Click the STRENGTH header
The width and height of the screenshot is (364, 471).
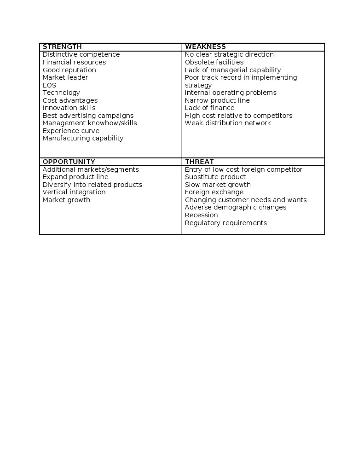(62, 47)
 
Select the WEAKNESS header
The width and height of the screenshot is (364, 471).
(205, 47)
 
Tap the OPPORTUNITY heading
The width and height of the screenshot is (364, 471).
(69, 162)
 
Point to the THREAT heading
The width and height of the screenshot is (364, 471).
(199, 162)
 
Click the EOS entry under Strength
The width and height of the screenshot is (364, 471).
(49, 85)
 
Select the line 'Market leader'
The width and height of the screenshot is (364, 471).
(65, 77)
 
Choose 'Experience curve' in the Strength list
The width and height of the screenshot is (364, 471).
(71, 131)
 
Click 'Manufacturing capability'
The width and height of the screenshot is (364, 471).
(83, 138)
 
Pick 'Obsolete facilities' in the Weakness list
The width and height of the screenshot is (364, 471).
(214, 62)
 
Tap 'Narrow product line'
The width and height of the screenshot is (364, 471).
(217, 100)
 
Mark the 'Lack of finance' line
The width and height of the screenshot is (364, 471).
(209, 108)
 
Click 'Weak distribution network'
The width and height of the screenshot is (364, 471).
(228, 123)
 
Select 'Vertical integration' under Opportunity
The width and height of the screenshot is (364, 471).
(74, 192)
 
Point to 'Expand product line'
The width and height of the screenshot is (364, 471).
(75, 177)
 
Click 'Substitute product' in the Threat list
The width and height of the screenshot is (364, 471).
(215, 177)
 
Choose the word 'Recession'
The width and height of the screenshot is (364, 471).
(201, 215)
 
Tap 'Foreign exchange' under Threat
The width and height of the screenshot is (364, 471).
(214, 192)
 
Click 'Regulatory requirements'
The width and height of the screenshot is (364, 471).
(225, 223)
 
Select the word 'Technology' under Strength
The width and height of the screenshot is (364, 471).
(61, 93)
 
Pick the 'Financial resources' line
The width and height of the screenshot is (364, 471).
(74, 62)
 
